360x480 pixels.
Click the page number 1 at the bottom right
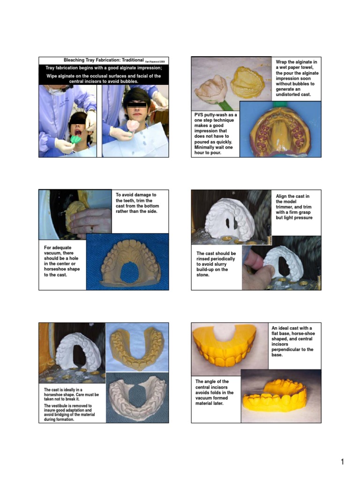coord(343,462)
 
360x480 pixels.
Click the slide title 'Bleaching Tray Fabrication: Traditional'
coord(101,60)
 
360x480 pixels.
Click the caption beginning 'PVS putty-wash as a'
coord(216,134)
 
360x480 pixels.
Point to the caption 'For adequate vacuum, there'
coord(62,261)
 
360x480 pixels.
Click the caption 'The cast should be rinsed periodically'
coord(216,264)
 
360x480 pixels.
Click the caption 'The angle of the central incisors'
coord(215,392)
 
